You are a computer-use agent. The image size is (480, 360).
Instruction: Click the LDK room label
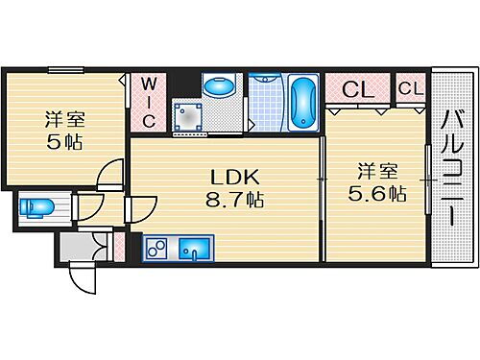click(228, 177)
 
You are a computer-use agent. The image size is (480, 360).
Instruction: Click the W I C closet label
click(149, 102)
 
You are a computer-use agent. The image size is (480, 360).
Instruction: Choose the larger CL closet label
click(357, 90)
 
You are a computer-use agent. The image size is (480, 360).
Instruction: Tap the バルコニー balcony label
click(450, 169)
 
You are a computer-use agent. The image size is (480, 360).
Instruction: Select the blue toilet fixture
click(36, 209)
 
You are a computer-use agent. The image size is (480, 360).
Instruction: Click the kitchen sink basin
click(196, 252)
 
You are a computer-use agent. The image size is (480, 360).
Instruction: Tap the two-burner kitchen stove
click(156, 252)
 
